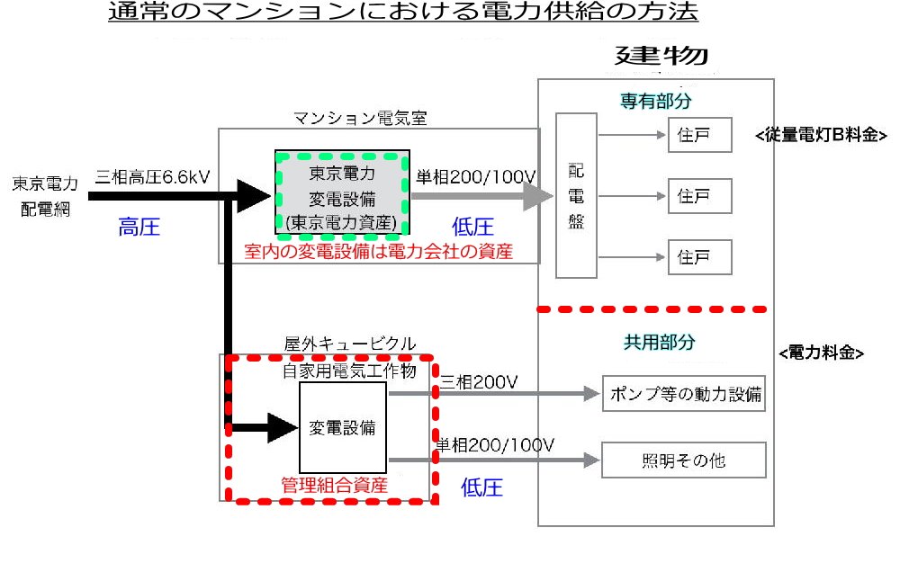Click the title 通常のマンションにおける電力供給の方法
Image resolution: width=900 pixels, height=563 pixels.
coord(402,13)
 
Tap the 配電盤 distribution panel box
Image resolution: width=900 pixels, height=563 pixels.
coord(576,195)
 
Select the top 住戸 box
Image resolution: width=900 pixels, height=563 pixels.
coord(699,135)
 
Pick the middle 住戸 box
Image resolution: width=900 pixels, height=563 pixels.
coord(699,195)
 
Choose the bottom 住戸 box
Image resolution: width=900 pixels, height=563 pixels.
coord(699,256)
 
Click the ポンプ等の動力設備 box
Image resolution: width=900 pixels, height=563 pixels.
coord(683,394)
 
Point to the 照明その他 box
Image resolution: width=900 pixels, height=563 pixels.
coord(683,460)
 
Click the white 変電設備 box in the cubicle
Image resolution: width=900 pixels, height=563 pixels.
coord(342,427)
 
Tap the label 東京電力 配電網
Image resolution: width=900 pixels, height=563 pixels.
coord(45,195)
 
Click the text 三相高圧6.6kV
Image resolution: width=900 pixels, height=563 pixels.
coord(152,176)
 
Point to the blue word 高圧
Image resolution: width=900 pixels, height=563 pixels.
coord(139,228)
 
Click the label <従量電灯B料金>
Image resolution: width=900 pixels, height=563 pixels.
coord(823,136)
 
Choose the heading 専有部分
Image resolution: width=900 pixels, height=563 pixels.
coord(655,100)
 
